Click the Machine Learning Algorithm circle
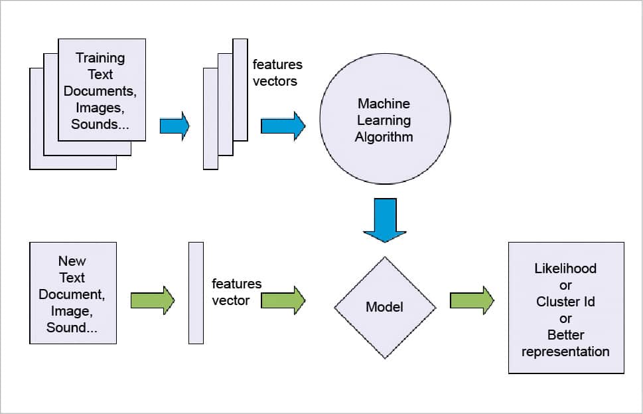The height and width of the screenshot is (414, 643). coord(384,120)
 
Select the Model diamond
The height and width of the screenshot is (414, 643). coord(385,307)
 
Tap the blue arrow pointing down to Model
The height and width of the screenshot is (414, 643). coord(385,220)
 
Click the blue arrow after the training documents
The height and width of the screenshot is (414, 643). coord(175,125)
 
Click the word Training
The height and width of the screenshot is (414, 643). coord(100,58)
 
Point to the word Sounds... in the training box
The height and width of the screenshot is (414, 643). coord(100,124)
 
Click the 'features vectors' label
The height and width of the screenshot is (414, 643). coord(277,72)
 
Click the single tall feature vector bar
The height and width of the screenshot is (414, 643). coord(196,293)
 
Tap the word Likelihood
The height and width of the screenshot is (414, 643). coord(565,268)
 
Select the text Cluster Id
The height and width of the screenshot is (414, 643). coord(565,302)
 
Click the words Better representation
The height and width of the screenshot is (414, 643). coord(565,343)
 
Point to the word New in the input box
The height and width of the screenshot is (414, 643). coord(72,261)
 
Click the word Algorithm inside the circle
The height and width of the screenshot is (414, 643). coord(384,138)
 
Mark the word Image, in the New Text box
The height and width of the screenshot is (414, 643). coord(72,311)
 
